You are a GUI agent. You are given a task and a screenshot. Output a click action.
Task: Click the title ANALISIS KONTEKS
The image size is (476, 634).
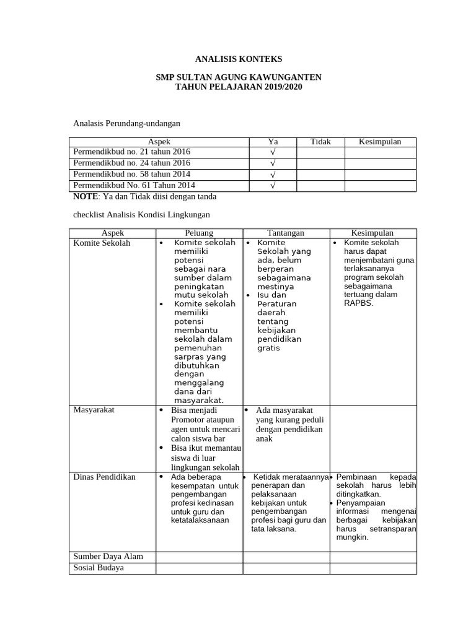pos(238,59)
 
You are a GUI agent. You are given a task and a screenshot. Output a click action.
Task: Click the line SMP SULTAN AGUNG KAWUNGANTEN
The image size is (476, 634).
pos(238,77)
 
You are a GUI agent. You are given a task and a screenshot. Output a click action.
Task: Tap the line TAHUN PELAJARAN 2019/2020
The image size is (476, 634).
pos(238,87)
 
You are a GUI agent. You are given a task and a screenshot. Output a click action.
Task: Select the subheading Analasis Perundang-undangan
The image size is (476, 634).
pos(126,124)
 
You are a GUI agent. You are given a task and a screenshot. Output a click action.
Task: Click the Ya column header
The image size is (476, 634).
pos(273,142)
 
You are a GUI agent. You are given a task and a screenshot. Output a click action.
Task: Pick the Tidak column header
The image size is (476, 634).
pos(320,142)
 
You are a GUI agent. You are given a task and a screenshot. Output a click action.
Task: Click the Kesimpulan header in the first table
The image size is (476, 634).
pos(380,142)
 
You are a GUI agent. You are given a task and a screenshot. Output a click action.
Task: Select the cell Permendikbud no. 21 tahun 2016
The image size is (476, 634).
pos(132,152)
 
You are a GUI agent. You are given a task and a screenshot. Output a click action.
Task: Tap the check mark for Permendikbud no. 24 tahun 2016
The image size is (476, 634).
pos(273,163)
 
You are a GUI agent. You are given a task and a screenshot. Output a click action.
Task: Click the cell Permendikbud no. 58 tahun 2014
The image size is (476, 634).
pos(132,174)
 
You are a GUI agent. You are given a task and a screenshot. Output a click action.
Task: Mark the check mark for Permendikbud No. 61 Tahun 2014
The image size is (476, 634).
pos(273,186)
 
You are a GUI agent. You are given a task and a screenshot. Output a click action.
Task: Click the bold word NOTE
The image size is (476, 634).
pos(85,196)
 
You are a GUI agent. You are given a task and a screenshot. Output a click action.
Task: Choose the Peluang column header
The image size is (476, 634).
pos(199,233)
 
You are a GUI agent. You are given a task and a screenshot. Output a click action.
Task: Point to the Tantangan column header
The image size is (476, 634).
pos(286,233)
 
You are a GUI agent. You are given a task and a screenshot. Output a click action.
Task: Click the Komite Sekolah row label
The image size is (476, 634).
pos(102,243)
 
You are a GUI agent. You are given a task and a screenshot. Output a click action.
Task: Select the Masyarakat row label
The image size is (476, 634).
pos(94,410)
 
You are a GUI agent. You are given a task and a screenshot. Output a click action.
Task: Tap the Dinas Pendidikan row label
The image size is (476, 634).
pos(104,477)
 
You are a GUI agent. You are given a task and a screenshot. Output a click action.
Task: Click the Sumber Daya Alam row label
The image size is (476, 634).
pos(108,557)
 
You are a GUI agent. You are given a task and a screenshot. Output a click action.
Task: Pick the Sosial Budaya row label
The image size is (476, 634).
pos(99,568)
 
